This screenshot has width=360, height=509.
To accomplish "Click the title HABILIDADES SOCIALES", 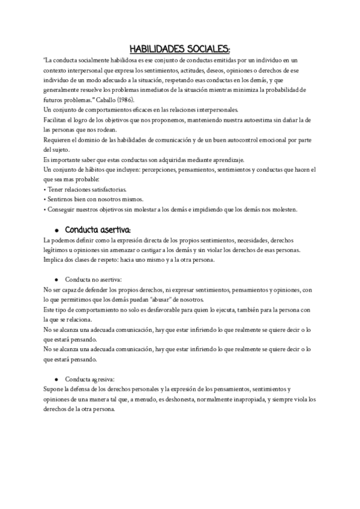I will [180, 49].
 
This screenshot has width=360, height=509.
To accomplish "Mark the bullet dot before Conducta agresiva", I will [56, 379].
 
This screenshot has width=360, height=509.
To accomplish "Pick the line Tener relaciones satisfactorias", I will [83, 189].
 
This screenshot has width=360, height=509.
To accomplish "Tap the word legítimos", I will [59, 250].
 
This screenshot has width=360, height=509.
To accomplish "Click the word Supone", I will [55, 389].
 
